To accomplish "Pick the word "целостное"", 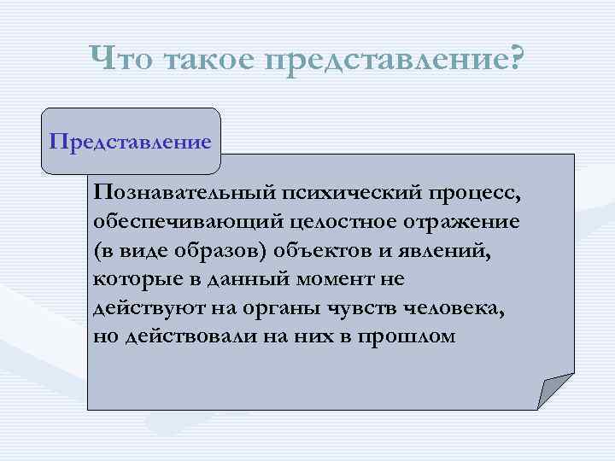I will pos(335,221).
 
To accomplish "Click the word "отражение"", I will pos(462,221).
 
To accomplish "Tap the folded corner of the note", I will pos(553,392).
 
